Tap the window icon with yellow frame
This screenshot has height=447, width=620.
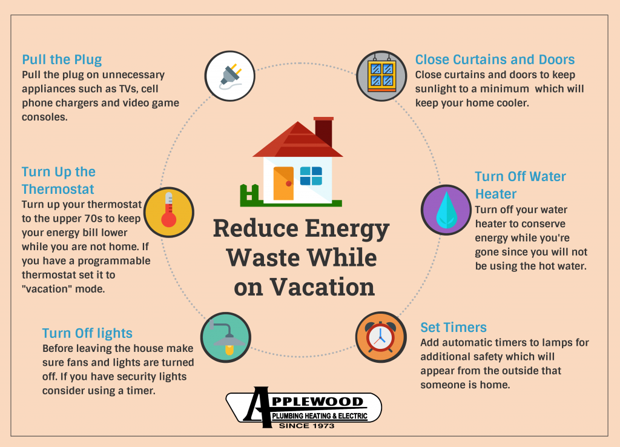pos(381,75)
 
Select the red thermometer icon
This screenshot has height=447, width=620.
pos(169,210)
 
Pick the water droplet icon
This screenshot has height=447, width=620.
pos(446,210)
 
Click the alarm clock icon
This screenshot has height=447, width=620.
pos(380,337)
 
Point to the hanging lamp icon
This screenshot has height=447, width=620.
pos(226,337)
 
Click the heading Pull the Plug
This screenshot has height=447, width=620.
pos(62,60)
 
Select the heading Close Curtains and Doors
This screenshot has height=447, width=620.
pos(495,59)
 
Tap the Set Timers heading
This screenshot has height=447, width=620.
pos(453,327)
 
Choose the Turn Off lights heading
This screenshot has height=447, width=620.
pos(87,333)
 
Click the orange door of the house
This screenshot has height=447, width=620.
pos(283,183)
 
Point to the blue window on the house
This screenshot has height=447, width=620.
pos(311,176)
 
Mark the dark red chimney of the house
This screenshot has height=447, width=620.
pos(324,131)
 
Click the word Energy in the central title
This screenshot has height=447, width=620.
pos(347,230)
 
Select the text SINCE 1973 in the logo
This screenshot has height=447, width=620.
pos(307,426)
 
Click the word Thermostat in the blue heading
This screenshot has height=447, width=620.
pos(58,189)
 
